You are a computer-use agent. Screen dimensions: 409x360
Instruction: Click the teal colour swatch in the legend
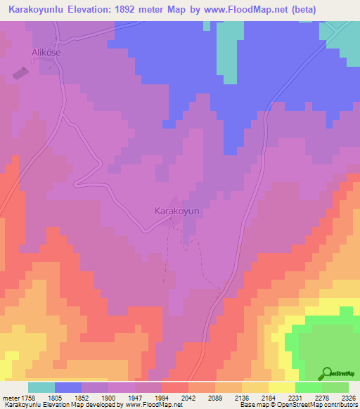(41, 387)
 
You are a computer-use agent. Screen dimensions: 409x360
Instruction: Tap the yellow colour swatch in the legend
(282, 387)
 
